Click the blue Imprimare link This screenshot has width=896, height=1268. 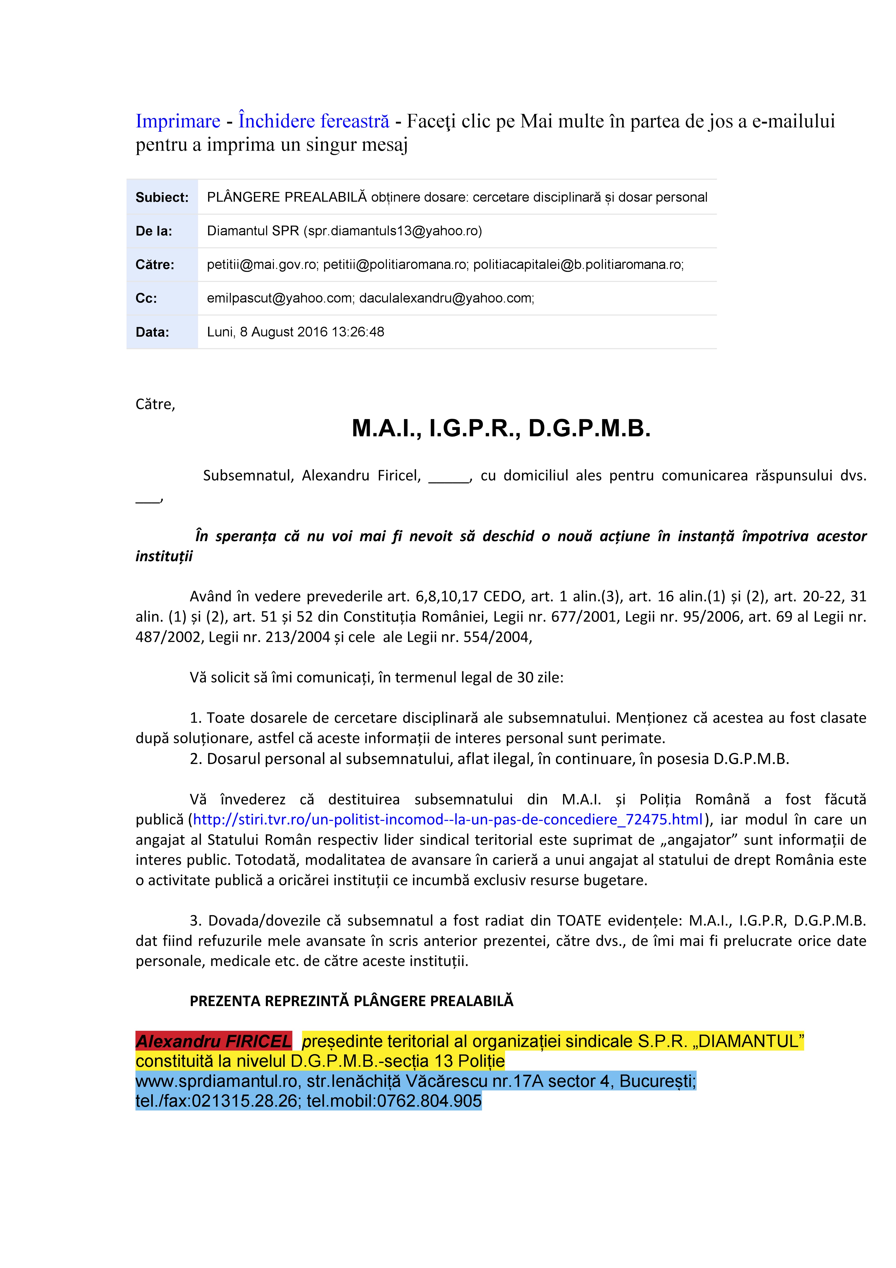(178, 121)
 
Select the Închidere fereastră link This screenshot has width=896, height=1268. (313, 121)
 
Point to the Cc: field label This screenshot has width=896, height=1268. (146, 298)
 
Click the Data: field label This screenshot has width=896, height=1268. (152, 332)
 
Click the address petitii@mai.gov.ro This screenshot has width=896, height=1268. (262, 265)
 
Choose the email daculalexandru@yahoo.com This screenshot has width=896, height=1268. (446, 298)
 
